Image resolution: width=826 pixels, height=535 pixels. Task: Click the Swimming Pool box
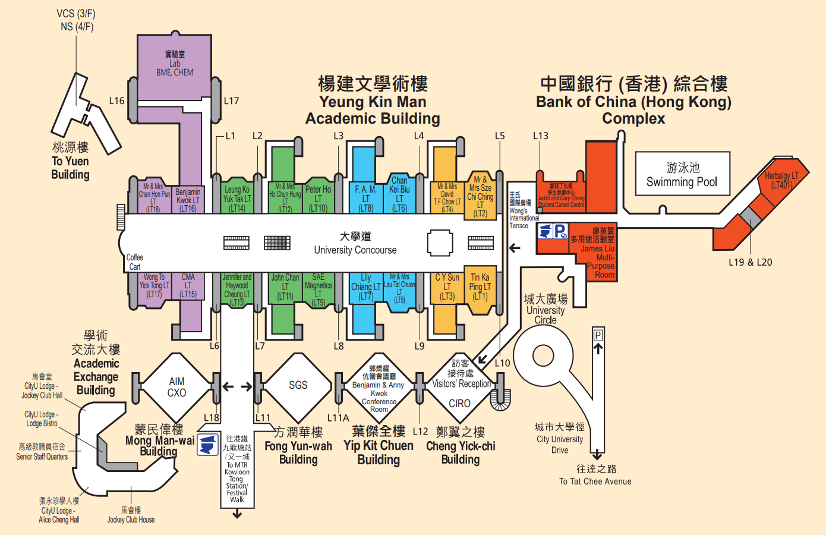[682, 174]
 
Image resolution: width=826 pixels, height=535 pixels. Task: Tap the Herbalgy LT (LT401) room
[781, 180]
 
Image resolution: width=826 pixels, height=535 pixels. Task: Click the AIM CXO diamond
[176, 387]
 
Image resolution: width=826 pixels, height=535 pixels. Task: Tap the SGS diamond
[298, 385]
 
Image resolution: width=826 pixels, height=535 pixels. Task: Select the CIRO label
[459, 404]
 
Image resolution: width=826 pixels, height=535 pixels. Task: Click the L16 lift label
[116, 100]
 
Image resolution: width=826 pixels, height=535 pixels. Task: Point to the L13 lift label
[540, 136]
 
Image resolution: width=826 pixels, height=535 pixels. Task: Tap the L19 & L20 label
[750, 262]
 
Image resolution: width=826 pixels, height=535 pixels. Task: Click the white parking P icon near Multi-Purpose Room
[560, 231]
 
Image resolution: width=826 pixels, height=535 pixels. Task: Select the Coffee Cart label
[135, 262]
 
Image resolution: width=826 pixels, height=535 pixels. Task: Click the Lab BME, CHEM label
[175, 64]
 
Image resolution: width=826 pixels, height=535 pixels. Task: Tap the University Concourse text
[355, 250]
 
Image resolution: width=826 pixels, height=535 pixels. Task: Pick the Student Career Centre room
[561, 195]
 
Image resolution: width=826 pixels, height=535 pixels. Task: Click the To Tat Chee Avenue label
[595, 481]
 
